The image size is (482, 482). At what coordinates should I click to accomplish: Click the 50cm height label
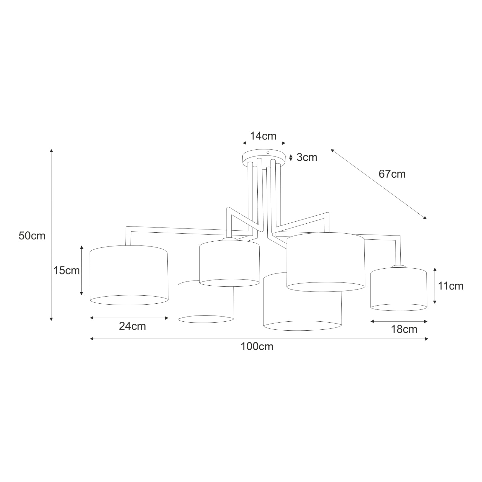click(32, 236)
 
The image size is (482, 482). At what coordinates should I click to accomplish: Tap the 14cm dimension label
click(263, 136)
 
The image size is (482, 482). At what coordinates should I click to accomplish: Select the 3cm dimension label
click(307, 157)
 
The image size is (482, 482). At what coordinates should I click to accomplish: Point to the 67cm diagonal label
click(392, 174)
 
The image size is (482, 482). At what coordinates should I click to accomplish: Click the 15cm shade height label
click(67, 271)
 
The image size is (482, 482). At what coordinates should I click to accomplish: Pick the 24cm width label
click(132, 326)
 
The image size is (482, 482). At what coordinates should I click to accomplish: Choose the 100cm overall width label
click(257, 346)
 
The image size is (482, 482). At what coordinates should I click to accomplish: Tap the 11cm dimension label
click(451, 286)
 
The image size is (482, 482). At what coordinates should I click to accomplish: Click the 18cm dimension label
click(404, 329)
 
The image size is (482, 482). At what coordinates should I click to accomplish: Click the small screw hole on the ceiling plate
click(268, 152)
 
